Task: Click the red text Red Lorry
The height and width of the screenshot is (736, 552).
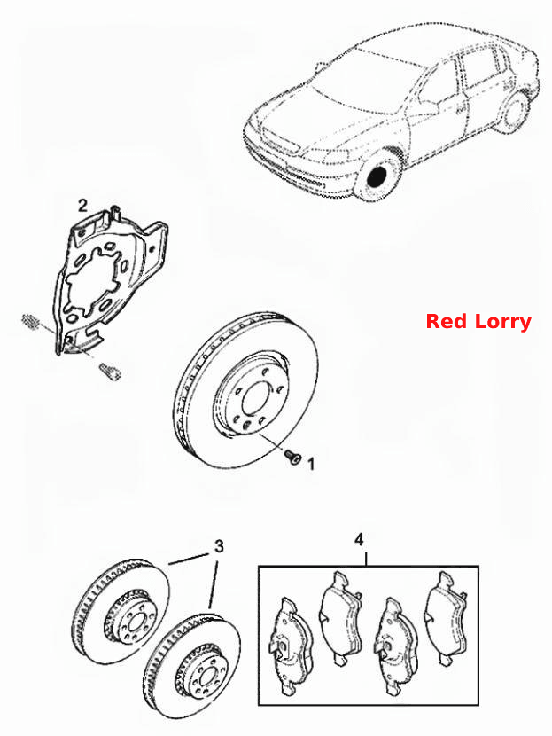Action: point(478,322)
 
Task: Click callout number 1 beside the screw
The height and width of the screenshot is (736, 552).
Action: point(311,464)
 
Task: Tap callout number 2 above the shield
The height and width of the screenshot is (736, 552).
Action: point(82,206)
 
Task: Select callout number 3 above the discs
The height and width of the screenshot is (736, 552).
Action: point(219,546)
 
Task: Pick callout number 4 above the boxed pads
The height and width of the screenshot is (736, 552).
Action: point(359,539)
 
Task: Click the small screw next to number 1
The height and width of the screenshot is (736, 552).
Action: point(292,457)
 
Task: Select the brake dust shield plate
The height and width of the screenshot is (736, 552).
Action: point(109,279)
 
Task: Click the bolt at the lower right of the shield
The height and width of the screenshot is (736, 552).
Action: point(111,372)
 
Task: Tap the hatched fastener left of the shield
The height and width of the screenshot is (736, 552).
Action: point(30,321)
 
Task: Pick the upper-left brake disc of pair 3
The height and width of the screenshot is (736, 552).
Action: point(121,610)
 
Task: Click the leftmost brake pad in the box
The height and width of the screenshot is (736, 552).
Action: point(290,646)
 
